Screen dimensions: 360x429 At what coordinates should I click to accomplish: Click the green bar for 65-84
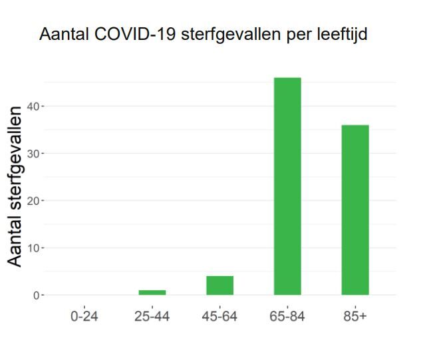click(x=287, y=186)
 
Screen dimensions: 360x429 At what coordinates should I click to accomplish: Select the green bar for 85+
click(x=355, y=210)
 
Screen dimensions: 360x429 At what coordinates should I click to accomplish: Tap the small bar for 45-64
click(x=219, y=285)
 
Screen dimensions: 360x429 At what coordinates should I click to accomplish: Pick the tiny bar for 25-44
click(x=152, y=292)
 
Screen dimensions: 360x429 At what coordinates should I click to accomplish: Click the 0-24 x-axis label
click(x=84, y=316)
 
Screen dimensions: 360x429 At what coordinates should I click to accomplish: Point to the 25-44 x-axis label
click(x=152, y=316)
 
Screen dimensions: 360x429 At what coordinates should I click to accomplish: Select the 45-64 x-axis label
click(x=219, y=316)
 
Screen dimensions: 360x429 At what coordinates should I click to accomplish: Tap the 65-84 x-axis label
click(x=287, y=316)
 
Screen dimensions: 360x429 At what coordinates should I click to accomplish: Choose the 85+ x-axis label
click(x=355, y=316)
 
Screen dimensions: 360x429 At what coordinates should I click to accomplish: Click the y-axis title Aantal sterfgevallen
click(x=15, y=186)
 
